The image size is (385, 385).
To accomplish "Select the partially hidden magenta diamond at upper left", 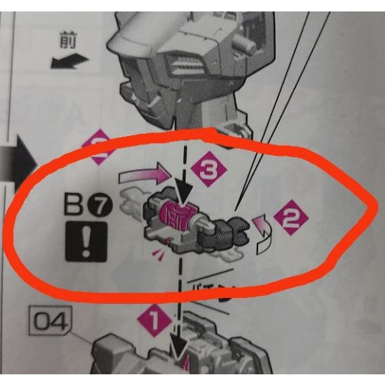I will click(x=99, y=145).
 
